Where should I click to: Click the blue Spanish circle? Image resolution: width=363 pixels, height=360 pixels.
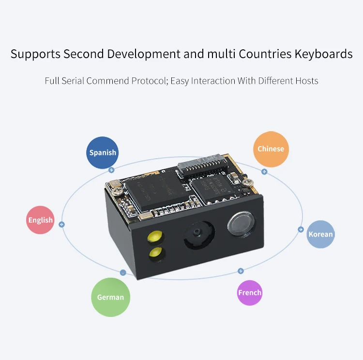103,152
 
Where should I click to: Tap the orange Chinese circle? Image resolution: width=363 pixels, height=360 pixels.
271,149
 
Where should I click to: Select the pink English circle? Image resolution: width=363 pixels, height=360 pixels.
40,220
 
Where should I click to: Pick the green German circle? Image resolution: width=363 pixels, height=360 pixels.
110,297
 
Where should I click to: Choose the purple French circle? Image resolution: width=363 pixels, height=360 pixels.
250,292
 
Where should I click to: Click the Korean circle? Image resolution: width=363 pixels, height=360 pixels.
321,234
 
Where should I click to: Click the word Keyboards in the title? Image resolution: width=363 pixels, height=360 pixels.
323,54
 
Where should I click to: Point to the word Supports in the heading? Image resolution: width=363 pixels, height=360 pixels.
36,54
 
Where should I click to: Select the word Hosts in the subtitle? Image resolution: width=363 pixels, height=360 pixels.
306,80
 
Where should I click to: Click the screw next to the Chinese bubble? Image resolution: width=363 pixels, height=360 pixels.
249,183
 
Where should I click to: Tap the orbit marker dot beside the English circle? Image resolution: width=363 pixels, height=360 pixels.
61,224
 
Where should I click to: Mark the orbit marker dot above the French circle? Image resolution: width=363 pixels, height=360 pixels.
241,270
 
